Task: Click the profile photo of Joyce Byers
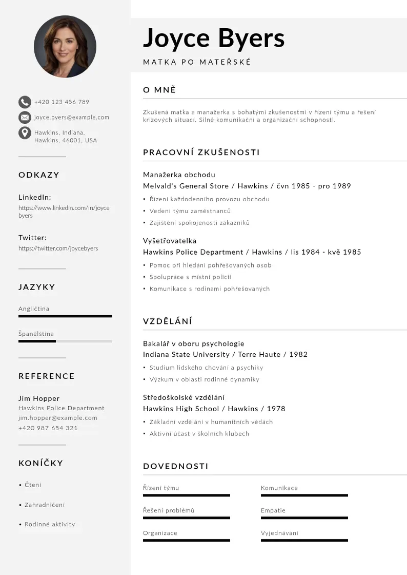pyautogui.click(x=65, y=47)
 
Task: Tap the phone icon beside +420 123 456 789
pyautogui.click(x=25, y=102)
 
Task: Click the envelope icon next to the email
pyautogui.click(x=25, y=118)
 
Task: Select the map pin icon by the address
pyautogui.click(x=25, y=133)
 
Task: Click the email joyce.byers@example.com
pyautogui.click(x=72, y=118)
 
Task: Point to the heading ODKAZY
pyautogui.click(x=39, y=175)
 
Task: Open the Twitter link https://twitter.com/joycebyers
pyautogui.click(x=58, y=248)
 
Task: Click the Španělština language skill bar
pyautogui.click(x=65, y=341)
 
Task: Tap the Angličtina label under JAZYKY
pyautogui.click(x=34, y=309)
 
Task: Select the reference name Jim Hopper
pyautogui.click(x=39, y=398)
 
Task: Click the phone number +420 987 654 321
pyautogui.click(x=48, y=428)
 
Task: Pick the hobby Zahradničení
pyautogui.click(x=45, y=505)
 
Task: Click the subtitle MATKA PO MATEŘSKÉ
pyautogui.click(x=197, y=62)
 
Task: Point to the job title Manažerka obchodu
pyautogui.click(x=179, y=175)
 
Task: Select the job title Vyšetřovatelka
pyautogui.click(x=170, y=241)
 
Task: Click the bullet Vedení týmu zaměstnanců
pyautogui.click(x=190, y=211)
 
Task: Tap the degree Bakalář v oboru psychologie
pyautogui.click(x=194, y=343)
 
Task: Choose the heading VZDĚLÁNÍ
pyautogui.click(x=168, y=321)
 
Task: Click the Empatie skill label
pyautogui.click(x=273, y=510)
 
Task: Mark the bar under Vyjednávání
pyautogui.click(x=304, y=540)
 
